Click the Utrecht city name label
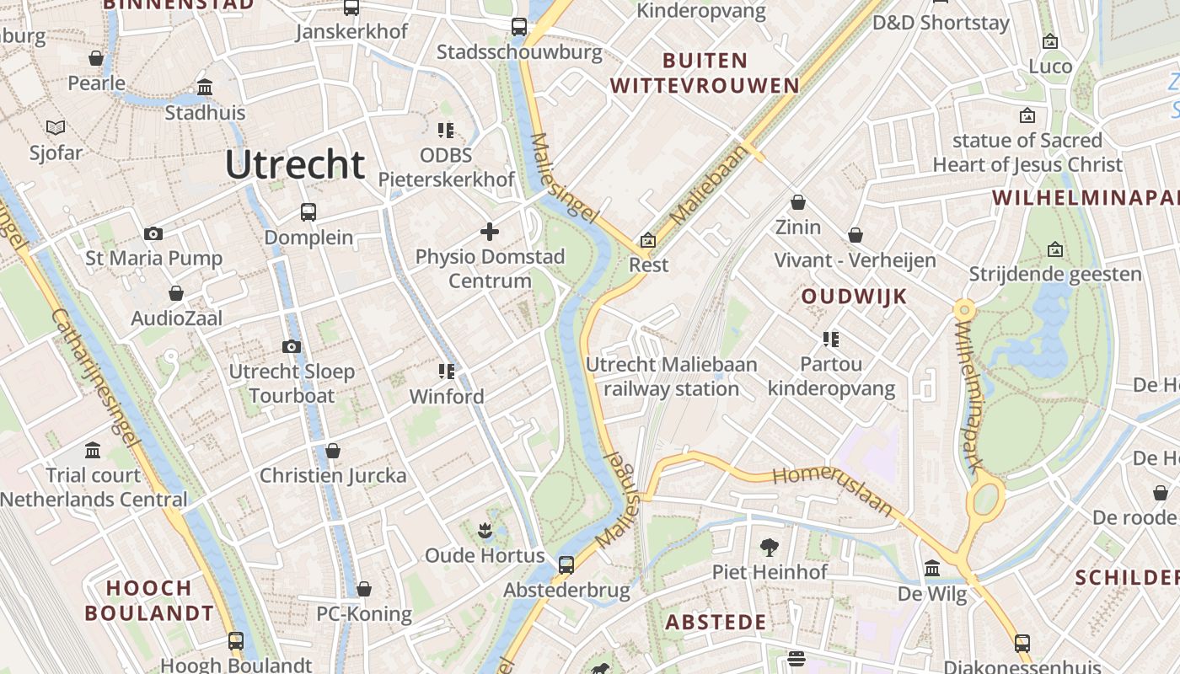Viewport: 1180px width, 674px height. [x=295, y=164]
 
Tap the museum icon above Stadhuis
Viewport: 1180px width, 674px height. [x=205, y=88]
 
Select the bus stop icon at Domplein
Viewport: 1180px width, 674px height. [x=308, y=212]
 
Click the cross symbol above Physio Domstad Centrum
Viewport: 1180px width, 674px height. [x=489, y=232]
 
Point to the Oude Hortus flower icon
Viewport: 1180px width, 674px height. [x=485, y=531]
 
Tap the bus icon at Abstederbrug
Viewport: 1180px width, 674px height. [x=566, y=565]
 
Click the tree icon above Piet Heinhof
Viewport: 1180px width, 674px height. [x=769, y=548]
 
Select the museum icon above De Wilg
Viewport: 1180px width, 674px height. [x=932, y=570]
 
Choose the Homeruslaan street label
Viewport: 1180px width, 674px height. [x=832, y=489]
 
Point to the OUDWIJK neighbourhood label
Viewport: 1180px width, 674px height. [x=854, y=297]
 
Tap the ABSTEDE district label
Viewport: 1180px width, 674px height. [x=716, y=623]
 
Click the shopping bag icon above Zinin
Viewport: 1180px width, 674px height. [x=797, y=203]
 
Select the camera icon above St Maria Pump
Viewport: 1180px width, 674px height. [x=153, y=234]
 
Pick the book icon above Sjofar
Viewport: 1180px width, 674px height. [x=56, y=128]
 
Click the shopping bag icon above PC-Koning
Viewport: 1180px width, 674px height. [x=364, y=589]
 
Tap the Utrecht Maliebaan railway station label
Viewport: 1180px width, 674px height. [x=672, y=377]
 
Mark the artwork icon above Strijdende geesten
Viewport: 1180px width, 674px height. [x=1054, y=250]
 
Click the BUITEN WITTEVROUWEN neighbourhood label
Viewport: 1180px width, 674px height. [x=705, y=72]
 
